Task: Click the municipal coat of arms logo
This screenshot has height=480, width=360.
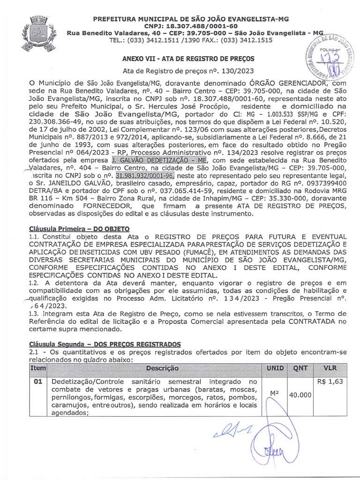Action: (x=36, y=33)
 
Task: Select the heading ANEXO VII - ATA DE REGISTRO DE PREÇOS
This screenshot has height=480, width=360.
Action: (x=188, y=59)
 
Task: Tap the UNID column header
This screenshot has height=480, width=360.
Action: (x=275, y=368)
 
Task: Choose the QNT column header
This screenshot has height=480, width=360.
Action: (x=300, y=368)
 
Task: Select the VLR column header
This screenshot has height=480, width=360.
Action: (x=330, y=368)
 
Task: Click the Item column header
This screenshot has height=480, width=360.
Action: (x=38, y=368)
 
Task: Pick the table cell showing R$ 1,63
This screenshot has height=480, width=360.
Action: (x=330, y=382)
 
